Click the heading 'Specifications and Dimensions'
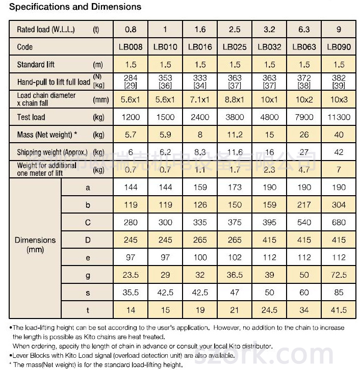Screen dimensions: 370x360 click(71, 7)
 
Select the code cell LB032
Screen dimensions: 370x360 click(269, 47)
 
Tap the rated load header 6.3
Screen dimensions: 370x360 click(304, 30)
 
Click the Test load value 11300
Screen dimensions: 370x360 click(339, 117)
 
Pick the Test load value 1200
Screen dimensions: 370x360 click(131, 117)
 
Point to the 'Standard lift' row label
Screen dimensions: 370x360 click(36, 65)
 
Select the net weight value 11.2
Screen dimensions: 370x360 click(235, 135)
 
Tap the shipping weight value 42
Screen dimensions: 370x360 click(339, 152)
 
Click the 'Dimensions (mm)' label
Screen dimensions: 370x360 click(35, 245)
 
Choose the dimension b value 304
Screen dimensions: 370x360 click(339, 205)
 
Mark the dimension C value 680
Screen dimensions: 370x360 click(339, 223)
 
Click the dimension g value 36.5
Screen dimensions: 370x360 click(235, 275)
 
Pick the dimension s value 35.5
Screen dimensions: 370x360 click(131, 293)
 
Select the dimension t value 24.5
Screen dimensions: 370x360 click(269, 310)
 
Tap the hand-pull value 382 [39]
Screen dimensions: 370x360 click(339, 82)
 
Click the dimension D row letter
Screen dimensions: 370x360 click(88, 240)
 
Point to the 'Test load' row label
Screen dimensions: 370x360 click(31, 117)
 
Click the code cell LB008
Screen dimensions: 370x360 click(131, 47)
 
